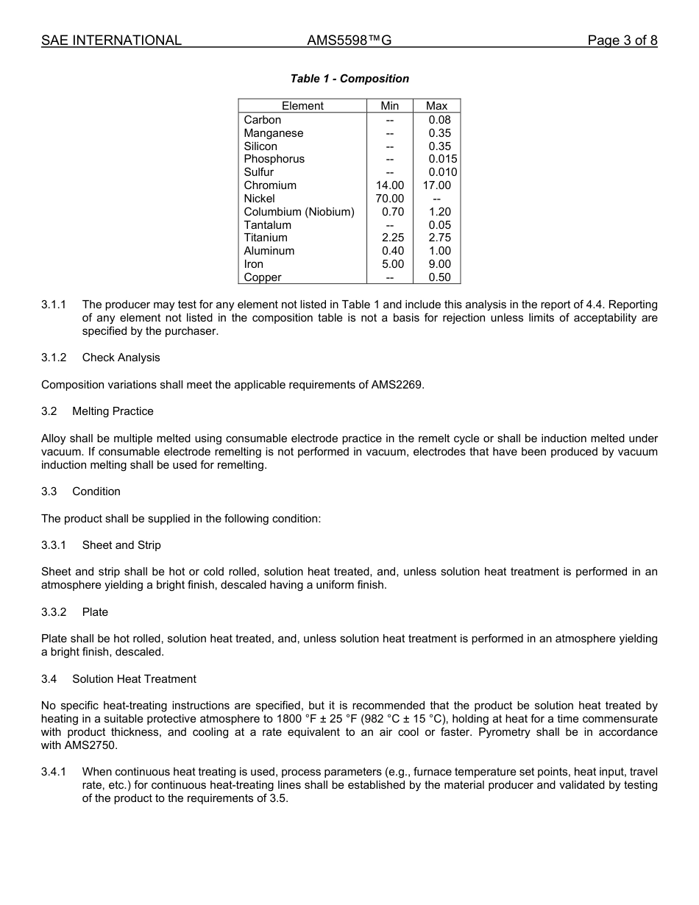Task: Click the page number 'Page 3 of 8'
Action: tap(622, 40)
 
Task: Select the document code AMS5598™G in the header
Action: tap(349, 40)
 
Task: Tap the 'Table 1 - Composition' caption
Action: tap(349, 79)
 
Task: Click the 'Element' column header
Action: tap(302, 106)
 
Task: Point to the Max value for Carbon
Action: tap(439, 120)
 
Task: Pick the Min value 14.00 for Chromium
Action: tap(390, 185)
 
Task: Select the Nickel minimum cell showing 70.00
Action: tap(390, 199)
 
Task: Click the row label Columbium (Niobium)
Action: tap(299, 212)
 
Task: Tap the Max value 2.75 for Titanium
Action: tap(439, 238)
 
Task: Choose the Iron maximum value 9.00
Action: tap(439, 264)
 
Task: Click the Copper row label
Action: tap(263, 277)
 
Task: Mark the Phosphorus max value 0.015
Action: tap(442, 159)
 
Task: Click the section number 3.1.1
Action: tap(54, 305)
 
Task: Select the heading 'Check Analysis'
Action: tap(121, 358)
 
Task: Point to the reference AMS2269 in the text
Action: tap(397, 385)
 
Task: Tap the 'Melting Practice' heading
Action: tap(113, 411)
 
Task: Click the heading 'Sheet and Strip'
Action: tap(121, 545)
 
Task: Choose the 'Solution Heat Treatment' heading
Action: tap(134, 679)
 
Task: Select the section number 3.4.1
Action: tap(54, 772)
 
